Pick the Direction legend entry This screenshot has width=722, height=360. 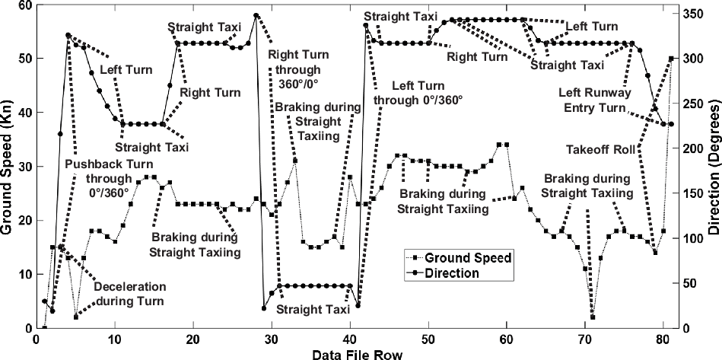tap(453, 272)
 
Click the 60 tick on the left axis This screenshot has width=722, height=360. tap(22, 5)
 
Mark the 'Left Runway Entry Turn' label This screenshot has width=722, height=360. tap(593, 100)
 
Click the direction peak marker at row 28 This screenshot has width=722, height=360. tap(256, 15)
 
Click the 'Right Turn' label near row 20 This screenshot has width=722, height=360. tap(210, 93)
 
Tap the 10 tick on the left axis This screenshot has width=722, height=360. tap(22, 274)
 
